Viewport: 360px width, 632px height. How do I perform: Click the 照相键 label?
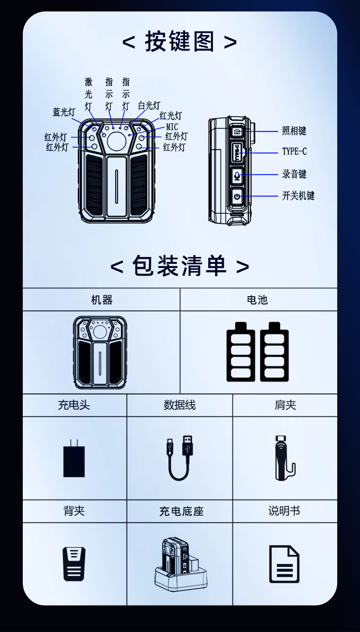[294, 131]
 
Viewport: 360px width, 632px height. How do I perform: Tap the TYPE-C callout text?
[294, 152]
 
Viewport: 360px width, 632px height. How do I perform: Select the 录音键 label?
[294, 174]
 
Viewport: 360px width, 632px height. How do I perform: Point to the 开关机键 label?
[298, 195]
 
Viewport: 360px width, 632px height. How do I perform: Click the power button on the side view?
[237, 196]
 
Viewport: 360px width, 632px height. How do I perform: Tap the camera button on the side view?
[237, 132]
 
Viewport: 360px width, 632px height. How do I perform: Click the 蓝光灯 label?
[64, 112]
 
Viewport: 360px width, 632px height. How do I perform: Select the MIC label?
[172, 127]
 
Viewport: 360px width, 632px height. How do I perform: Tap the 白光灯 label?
[149, 106]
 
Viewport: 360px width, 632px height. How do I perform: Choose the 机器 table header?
[102, 300]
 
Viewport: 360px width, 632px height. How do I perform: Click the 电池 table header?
[257, 300]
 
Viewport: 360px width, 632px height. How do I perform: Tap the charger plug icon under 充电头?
[74, 458]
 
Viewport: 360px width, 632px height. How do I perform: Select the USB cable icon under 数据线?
[180, 457]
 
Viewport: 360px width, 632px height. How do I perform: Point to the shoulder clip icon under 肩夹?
[285, 458]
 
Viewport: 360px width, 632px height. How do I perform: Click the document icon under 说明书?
[284, 564]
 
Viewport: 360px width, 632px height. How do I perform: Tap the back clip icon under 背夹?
[74, 564]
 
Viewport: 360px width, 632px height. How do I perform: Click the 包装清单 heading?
[180, 266]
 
